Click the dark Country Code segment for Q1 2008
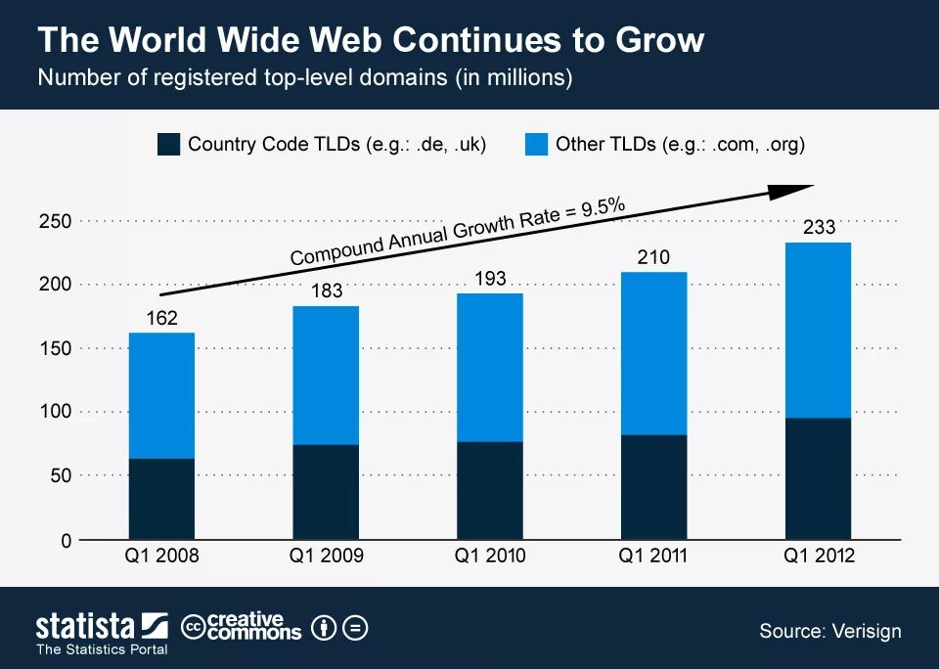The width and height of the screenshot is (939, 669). (x=162, y=499)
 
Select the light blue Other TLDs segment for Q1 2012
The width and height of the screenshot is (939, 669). (x=819, y=331)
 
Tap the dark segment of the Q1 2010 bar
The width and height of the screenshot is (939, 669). (x=490, y=490)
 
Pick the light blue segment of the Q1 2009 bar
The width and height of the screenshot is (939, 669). (x=326, y=376)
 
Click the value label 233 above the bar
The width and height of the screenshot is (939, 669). (x=819, y=228)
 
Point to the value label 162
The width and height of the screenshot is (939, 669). (x=161, y=318)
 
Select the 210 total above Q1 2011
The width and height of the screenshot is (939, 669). (x=653, y=257)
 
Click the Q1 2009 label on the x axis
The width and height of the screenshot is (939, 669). (x=326, y=556)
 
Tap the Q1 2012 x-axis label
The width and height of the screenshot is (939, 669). (x=819, y=556)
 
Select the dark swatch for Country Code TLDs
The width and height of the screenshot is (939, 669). (x=168, y=145)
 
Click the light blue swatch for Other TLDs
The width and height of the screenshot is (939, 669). (x=536, y=145)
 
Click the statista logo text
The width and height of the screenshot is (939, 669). (x=86, y=626)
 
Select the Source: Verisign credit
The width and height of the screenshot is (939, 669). (x=829, y=630)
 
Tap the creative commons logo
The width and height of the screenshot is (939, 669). (x=243, y=627)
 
